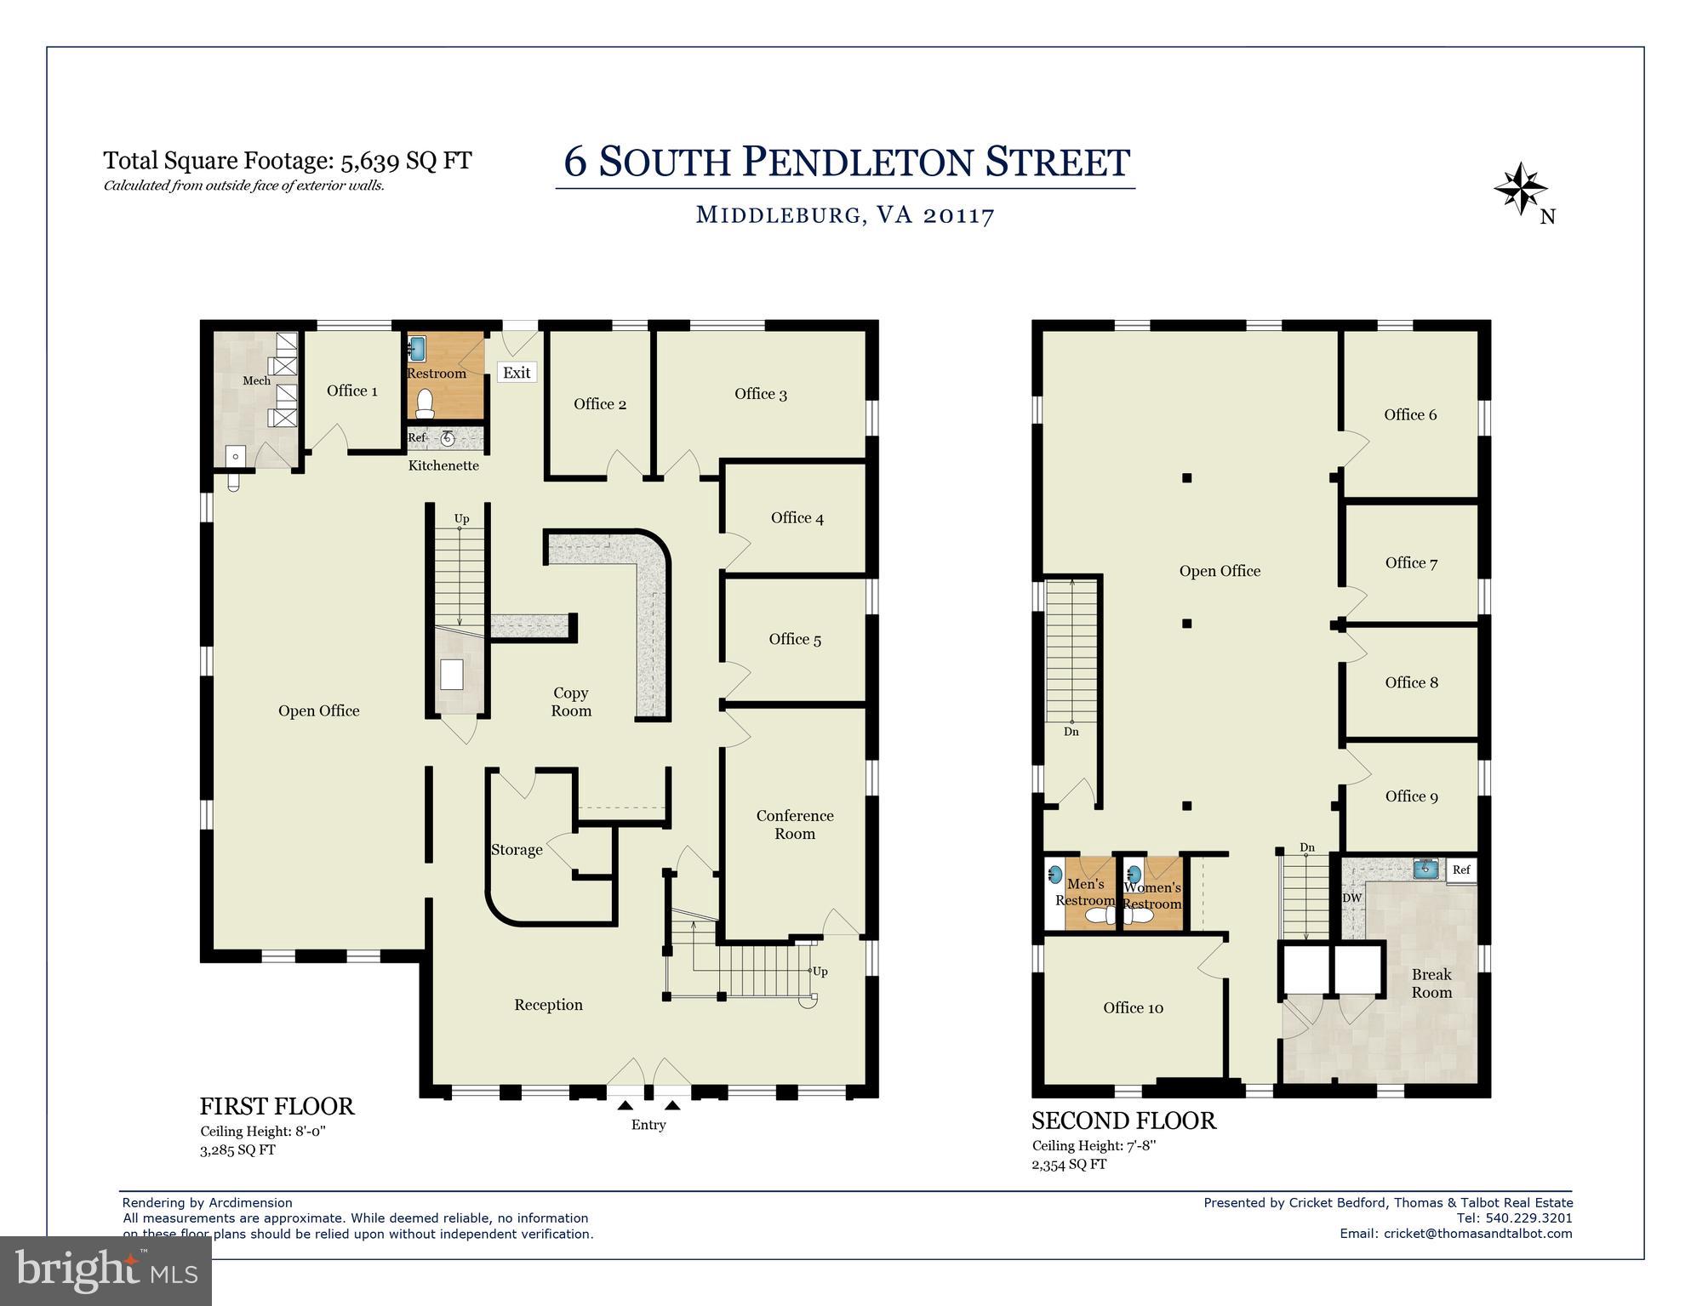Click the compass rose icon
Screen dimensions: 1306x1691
coord(1520,189)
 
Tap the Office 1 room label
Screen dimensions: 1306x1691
coord(352,391)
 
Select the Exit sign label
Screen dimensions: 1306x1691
coord(517,373)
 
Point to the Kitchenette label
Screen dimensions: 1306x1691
coord(443,465)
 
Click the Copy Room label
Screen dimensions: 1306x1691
coord(570,702)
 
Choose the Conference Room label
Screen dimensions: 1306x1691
coord(795,824)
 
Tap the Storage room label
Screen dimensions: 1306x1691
coord(517,849)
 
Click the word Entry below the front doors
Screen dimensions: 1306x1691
coord(648,1125)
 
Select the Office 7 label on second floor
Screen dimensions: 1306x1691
coord(1411,562)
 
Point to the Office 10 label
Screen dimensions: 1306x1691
coord(1133,1007)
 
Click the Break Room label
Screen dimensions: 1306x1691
coord(1431,984)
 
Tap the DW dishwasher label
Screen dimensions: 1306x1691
coord(1351,898)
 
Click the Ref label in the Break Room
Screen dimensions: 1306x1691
coord(1461,870)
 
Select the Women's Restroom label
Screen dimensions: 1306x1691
coord(1152,896)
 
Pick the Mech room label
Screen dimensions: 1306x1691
coord(256,380)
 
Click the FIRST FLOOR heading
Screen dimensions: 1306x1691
coord(277,1106)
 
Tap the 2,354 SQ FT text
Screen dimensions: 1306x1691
coord(1069,1164)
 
